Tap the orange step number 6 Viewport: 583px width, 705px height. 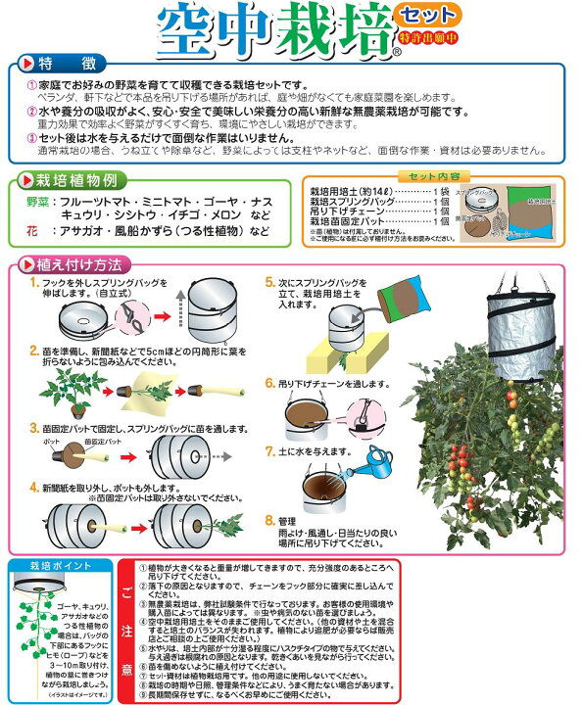[271, 385]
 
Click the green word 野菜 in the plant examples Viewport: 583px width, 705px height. [36, 201]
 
